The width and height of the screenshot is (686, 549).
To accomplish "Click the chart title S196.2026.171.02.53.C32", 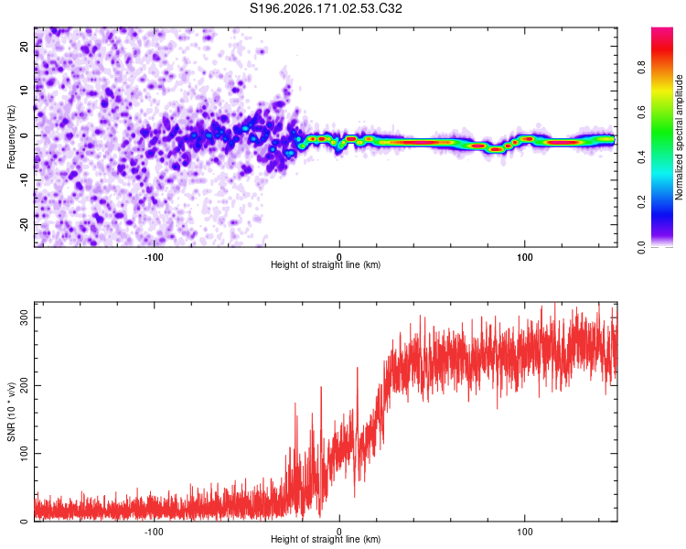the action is click(x=326, y=8).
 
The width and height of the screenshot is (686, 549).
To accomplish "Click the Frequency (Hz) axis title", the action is click(x=11, y=137).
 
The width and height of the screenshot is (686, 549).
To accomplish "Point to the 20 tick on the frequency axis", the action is click(x=24, y=46).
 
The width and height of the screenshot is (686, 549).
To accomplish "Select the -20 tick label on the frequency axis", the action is click(x=24, y=225).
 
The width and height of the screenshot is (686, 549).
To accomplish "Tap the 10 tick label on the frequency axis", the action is click(x=24, y=91).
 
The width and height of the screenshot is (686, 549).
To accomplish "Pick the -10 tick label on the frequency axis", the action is click(x=24, y=180).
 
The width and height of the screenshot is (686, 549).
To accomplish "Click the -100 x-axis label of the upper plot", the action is click(x=154, y=257).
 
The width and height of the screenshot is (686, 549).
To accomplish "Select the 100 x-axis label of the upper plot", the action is click(x=525, y=257).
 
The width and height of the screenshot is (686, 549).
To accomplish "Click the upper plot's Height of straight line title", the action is click(x=326, y=264).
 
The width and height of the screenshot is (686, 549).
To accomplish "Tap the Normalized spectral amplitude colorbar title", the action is click(x=679, y=137).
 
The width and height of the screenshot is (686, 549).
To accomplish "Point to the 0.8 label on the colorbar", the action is click(x=641, y=68).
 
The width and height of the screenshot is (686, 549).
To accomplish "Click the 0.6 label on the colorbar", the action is click(x=641, y=113).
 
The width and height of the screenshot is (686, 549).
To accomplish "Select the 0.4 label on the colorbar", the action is click(x=641, y=157).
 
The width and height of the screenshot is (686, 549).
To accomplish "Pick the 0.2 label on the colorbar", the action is click(x=641, y=202).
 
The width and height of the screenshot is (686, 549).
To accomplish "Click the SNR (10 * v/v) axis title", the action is click(x=11, y=412).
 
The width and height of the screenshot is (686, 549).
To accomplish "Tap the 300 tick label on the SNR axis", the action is click(x=24, y=318).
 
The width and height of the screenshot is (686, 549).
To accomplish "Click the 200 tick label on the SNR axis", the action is click(x=24, y=385).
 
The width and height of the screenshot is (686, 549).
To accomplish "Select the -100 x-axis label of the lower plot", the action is click(x=154, y=532).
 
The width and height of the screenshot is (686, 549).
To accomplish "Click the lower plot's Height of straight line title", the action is click(x=326, y=539).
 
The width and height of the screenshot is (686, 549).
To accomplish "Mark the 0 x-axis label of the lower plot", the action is click(x=339, y=532).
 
